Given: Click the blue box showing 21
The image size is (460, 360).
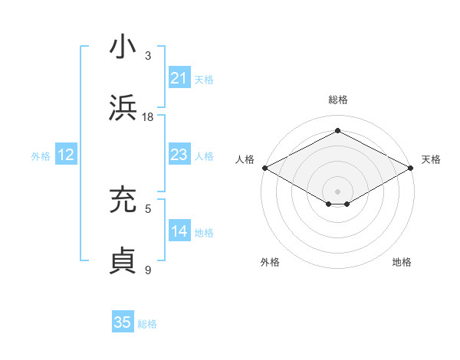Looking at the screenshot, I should pos(179,78).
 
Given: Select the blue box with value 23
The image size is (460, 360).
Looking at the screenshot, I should pos(179,155).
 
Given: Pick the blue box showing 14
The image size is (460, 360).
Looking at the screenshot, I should pos(179,231).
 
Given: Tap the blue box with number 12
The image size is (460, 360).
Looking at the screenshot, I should pos(66,155).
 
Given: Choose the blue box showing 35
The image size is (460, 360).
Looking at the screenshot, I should pos(123,322).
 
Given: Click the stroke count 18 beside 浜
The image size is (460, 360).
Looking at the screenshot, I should pos(148,117).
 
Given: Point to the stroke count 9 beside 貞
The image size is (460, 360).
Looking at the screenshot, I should pos(148,270).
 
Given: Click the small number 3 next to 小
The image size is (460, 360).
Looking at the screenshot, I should pos(148,56).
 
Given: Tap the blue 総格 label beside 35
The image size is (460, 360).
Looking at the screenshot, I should pos(147,324).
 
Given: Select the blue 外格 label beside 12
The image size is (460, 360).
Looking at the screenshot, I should pos(41,156).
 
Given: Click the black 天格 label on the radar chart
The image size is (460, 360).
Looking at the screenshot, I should pos(431,159).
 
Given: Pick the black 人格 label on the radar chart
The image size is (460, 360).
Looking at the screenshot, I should pos(245,159).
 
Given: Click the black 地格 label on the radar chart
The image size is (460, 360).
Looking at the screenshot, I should pos(402,262).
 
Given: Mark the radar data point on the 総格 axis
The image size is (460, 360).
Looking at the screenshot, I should pos(337,131).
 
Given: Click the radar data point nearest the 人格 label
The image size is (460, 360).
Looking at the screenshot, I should pos(264,167).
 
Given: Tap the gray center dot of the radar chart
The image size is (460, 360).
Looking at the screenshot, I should pos(337,191).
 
